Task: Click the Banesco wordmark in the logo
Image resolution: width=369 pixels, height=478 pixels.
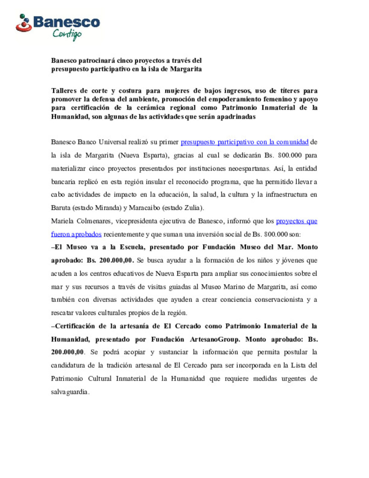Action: (67, 22)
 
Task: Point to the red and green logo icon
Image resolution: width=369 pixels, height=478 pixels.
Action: (24, 23)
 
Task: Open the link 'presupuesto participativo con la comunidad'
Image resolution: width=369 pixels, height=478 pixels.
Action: (244, 142)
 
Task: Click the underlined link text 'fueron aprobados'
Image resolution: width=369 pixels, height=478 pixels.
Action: (76, 234)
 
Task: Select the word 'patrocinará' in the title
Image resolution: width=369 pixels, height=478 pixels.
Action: (97, 61)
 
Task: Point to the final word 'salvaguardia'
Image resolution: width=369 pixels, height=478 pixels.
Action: (69, 392)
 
